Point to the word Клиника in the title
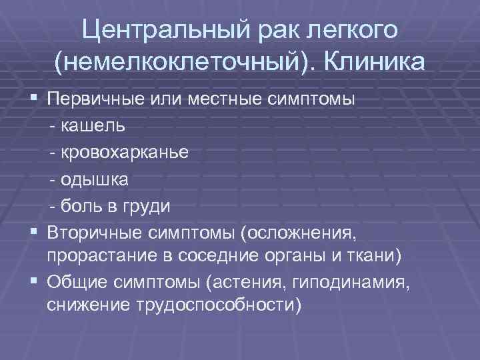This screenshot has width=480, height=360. point(377,63)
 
